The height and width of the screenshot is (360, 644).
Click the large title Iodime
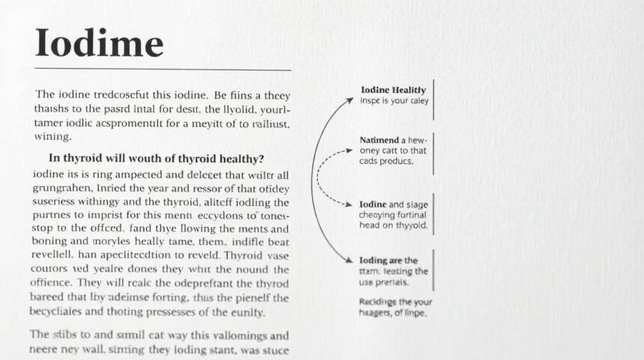coord(99,44)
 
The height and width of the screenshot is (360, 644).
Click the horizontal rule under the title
coord(162,70)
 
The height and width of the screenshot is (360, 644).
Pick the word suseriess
coord(62,201)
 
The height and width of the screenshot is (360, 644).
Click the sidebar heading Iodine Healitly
coord(393,90)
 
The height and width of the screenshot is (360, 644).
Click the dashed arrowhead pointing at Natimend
coord(348,150)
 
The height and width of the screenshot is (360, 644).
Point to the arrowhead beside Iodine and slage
coord(348,204)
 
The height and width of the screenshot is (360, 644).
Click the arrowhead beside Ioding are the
coord(350,260)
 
